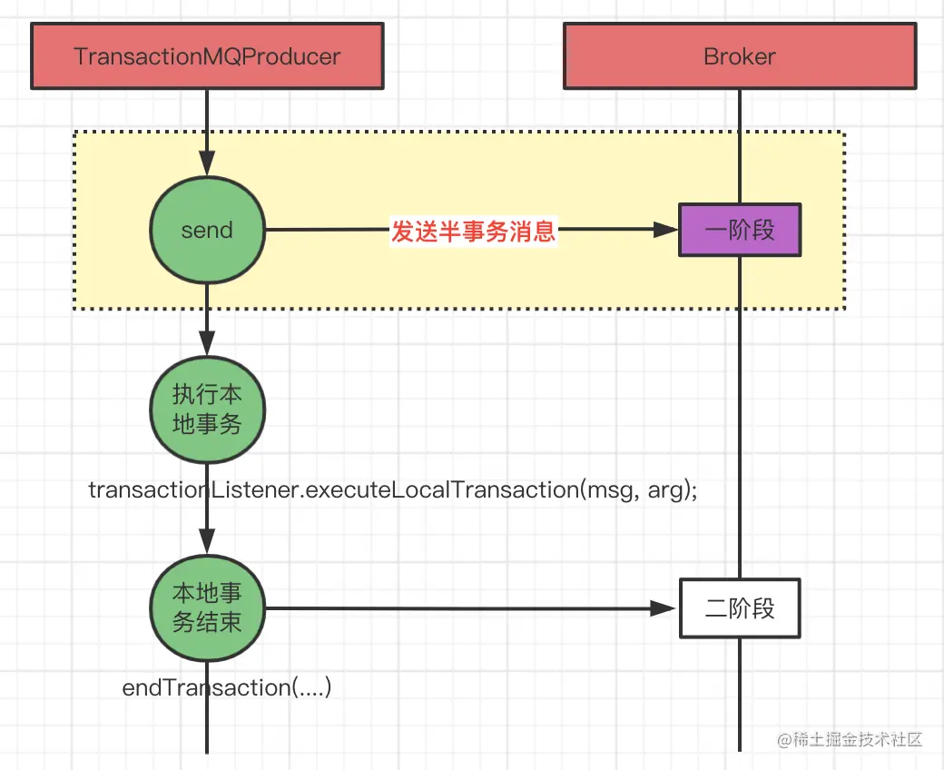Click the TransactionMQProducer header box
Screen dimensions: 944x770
(207, 56)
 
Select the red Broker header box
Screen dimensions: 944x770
(740, 56)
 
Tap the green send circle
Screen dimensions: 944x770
(207, 230)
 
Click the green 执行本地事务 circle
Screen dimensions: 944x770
(207, 410)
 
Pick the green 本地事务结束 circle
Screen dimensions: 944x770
(207, 608)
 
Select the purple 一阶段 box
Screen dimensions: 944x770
(740, 230)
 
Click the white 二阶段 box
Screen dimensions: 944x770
(740, 608)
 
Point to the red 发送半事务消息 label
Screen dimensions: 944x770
(473, 232)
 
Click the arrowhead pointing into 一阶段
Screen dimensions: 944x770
(666, 230)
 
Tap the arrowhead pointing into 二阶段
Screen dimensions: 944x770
(664, 608)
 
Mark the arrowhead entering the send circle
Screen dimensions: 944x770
(207, 163)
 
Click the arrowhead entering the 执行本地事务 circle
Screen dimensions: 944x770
(207, 343)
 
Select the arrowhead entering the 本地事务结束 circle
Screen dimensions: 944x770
(207, 541)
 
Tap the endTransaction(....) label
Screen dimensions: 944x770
(227, 687)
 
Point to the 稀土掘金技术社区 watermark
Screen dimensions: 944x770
(851, 739)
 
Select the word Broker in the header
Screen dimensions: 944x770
(740, 56)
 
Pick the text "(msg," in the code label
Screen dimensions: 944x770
(609, 490)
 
